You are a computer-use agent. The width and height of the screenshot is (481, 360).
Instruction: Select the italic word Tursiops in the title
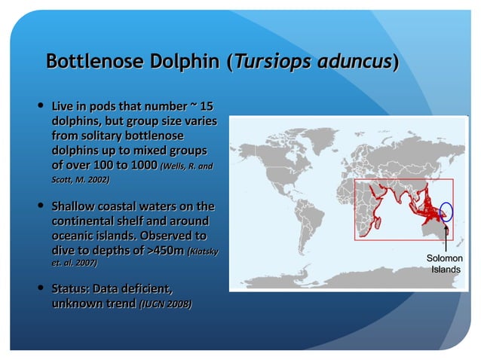tap(265, 61)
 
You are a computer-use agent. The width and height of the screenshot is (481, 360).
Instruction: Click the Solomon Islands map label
tap(446, 264)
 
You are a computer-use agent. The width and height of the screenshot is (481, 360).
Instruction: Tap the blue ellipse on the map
tap(446, 213)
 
